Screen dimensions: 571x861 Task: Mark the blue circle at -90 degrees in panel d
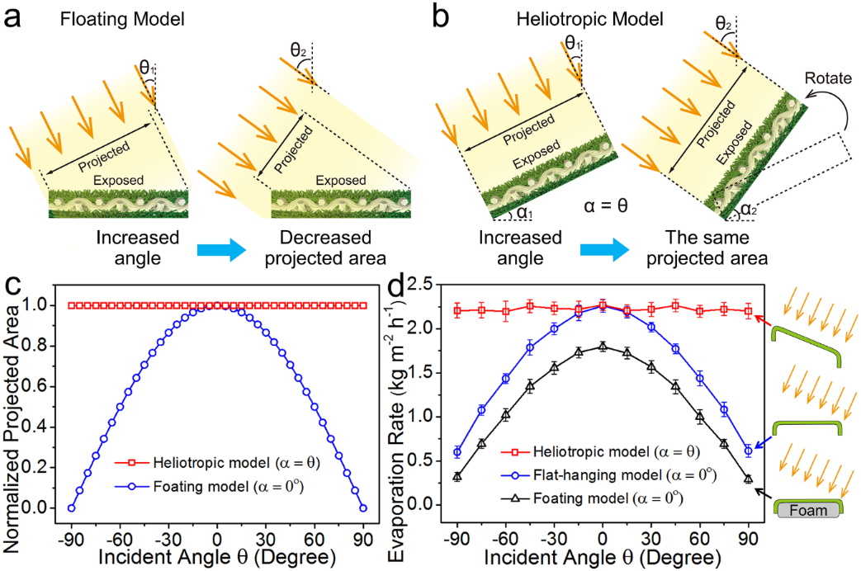(457, 451)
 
